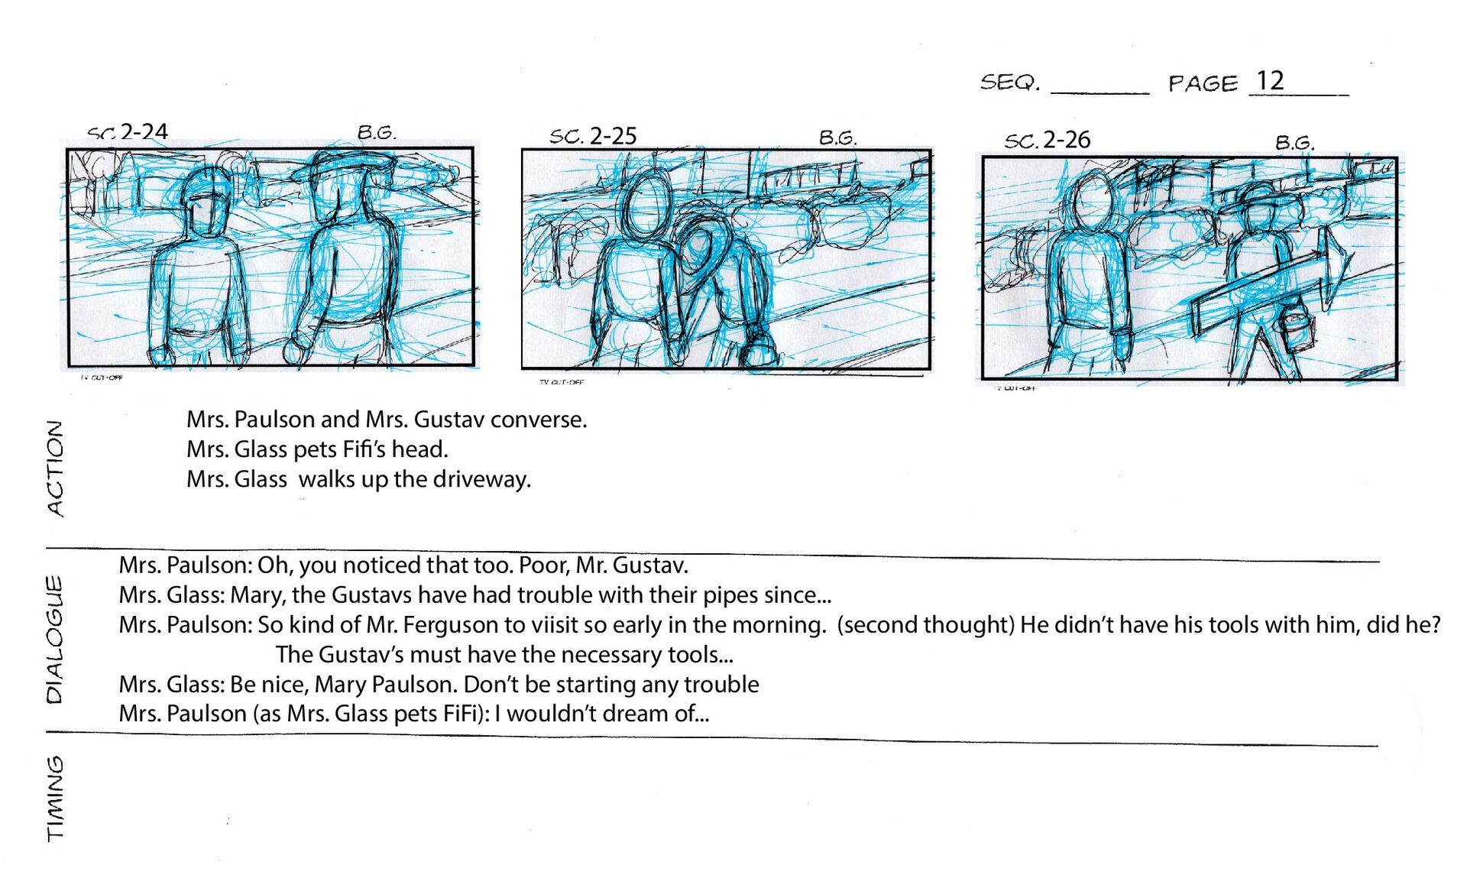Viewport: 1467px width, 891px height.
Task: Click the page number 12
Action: pyautogui.click(x=1270, y=80)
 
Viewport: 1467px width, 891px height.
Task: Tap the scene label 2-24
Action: pyautogui.click(x=144, y=131)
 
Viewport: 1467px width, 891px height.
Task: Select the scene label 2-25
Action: pyautogui.click(x=613, y=136)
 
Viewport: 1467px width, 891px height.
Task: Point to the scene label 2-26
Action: pyautogui.click(x=1067, y=140)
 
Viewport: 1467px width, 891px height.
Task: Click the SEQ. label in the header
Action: pyautogui.click(x=1010, y=82)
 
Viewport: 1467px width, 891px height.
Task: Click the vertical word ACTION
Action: pyautogui.click(x=55, y=468)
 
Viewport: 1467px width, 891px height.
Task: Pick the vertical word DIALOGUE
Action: pyautogui.click(x=55, y=639)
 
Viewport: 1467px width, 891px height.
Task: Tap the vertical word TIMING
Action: pyautogui.click(x=55, y=799)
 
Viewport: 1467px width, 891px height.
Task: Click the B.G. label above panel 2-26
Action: pyautogui.click(x=1294, y=142)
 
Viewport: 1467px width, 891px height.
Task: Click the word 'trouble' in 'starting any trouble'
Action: pyautogui.click(x=722, y=685)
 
